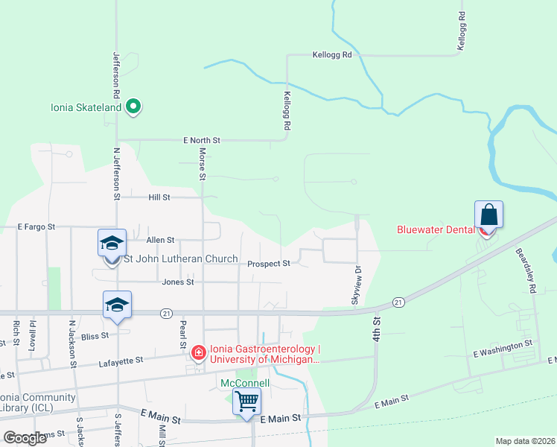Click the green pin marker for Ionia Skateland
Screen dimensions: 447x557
click(x=133, y=107)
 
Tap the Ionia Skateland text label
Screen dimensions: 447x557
click(x=86, y=107)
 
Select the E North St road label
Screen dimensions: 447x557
click(x=202, y=140)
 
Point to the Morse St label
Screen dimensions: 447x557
click(x=202, y=163)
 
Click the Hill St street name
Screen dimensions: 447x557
click(x=159, y=197)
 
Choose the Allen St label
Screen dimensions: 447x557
click(x=160, y=240)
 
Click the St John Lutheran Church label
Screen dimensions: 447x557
click(x=180, y=259)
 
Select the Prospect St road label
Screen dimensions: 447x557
click(x=268, y=263)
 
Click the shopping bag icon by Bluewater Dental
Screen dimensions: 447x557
click(x=488, y=215)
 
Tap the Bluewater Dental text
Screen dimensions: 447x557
click(x=436, y=229)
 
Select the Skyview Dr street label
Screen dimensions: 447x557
click(x=356, y=285)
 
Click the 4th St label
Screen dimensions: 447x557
click(x=377, y=329)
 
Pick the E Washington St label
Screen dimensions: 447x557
click(x=503, y=344)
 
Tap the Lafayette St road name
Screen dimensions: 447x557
click(x=121, y=361)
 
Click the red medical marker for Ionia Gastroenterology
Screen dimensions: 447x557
click(x=198, y=352)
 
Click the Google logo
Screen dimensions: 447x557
click(x=25, y=438)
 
